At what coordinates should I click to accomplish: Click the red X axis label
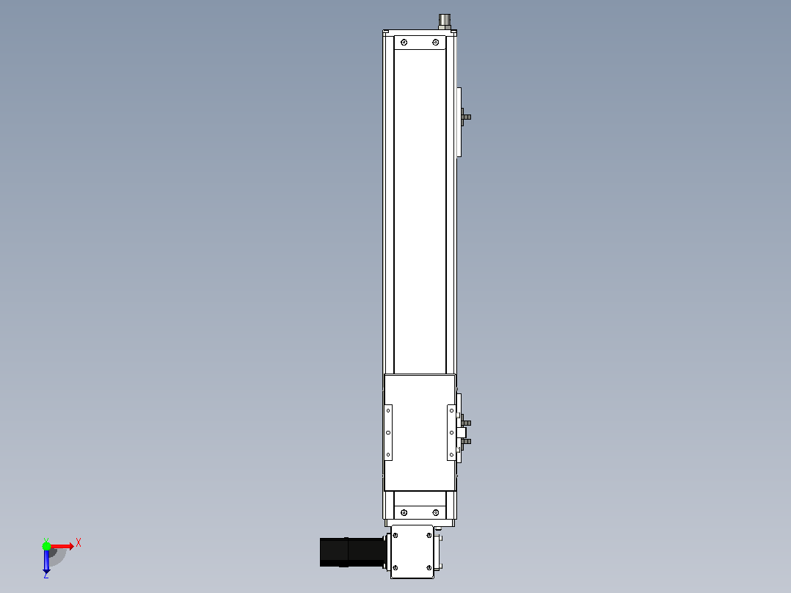[x=79, y=543]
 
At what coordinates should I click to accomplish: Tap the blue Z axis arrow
[x=46, y=561]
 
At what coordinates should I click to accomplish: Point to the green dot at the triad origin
[x=46, y=546]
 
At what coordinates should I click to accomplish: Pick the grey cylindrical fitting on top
[x=445, y=22]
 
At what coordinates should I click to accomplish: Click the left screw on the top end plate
[x=404, y=43]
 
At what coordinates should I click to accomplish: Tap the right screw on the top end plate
[x=436, y=43]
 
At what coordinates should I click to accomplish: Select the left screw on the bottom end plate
[x=404, y=513]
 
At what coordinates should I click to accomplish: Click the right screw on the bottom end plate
[x=436, y=513]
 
